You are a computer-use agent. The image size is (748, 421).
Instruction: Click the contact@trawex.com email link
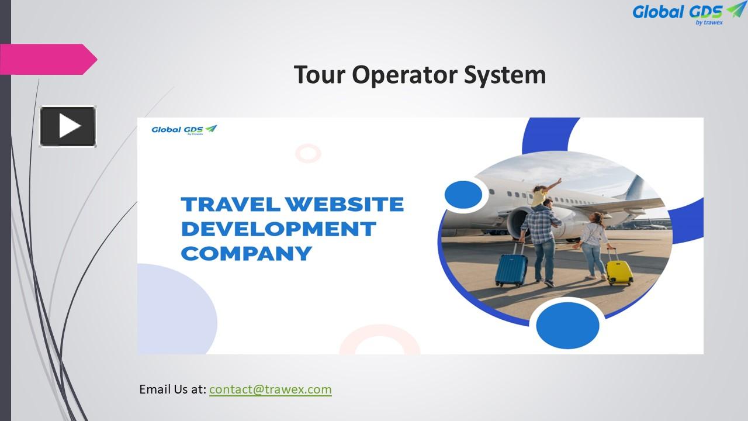click(x=270, y=389)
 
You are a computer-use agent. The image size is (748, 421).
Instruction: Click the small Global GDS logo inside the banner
click(x=184, y=130)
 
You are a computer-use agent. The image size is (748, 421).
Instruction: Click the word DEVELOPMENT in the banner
click(x=278, y=229)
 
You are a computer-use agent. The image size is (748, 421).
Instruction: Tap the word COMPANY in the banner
click(x=246, y=254)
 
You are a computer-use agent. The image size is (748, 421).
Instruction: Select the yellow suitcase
click(x=619, y=272)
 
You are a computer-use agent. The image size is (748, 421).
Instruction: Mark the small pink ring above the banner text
click(x=308, y=153)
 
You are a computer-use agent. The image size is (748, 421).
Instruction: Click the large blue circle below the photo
click(x=567, y=325)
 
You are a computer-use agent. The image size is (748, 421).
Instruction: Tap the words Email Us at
click(x=172, y=389)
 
